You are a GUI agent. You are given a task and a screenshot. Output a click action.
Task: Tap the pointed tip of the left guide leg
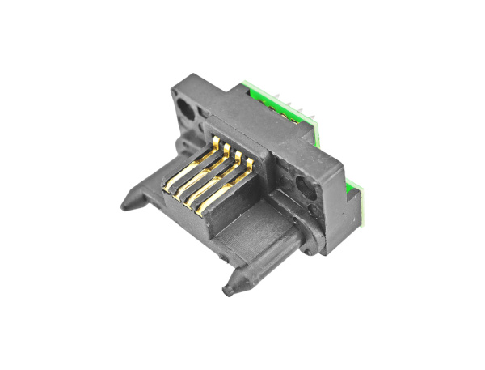tap(123, 206)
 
